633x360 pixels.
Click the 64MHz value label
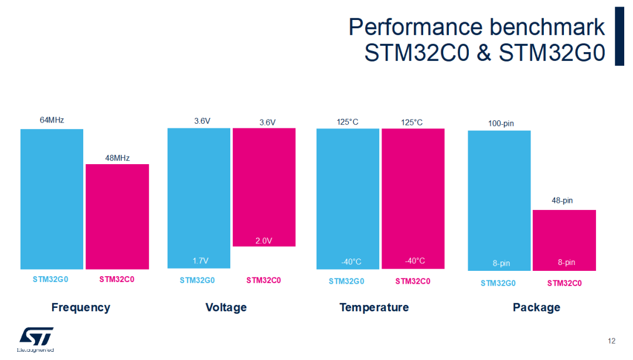pos(52,120)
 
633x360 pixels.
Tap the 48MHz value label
pos(117,158)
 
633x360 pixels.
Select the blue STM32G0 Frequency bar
pos(52,199)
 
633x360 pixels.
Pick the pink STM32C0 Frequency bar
pos(117,217)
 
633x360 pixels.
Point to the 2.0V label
pos(264,240)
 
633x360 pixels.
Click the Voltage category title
pos(226,307)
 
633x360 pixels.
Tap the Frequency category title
pos(81,307)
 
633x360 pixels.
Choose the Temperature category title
pos(374,307)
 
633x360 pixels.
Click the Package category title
pos(536,307)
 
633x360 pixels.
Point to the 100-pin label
pos(501,124)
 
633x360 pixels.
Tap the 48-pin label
pos(562,201)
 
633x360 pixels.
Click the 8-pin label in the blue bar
pos(501,263)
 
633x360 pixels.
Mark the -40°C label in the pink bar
pos(414,261)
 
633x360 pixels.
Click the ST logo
pos(36,337)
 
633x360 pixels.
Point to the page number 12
pos(612,341)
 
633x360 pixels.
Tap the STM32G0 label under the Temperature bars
pos(346,281)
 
